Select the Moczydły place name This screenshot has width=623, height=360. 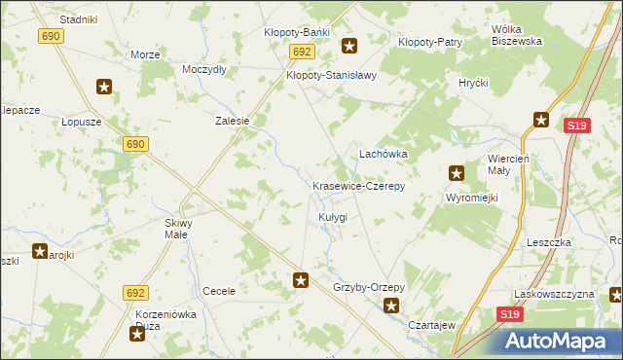click(x=204, y=69)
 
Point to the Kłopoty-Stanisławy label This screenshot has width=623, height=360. click(x=331, y=74)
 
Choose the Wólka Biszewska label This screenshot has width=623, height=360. click(x=516, y=35)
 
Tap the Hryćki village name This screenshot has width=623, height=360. click(x=473, y=83)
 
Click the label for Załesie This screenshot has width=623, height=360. click(x=233, y=122)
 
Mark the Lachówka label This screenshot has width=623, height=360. click(x=383, y=154)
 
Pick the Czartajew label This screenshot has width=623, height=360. click(x=432, y=325)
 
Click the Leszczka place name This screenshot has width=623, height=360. click(x=548, y=242)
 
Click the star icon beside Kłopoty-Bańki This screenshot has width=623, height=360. click(x=348, y=44)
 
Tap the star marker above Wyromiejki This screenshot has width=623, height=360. click(x=456, y=174)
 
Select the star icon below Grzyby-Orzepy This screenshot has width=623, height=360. click(x=391, y=306)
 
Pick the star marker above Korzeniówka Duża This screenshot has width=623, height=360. click(x=137, y=334)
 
